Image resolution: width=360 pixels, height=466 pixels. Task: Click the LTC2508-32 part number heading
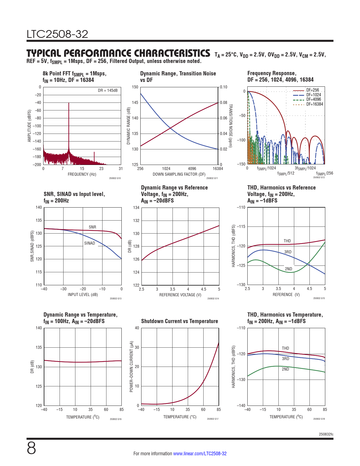pos(57,34)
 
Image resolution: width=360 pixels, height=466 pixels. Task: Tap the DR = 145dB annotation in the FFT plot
pos(108,90)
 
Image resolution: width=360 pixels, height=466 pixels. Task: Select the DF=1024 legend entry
pos(313,95)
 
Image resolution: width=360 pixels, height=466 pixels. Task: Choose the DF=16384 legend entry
pos(315,104)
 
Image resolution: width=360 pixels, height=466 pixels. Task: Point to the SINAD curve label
pos(90,243)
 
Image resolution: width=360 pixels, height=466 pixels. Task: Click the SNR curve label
pos(92,227)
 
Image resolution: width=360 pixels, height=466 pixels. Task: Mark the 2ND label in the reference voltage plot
pos(288,269)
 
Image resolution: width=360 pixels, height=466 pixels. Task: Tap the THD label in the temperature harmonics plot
pos(285,348)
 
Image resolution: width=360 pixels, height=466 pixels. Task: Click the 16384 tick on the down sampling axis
pos(218,169)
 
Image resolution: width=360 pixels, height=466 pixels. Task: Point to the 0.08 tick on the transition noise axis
pos(224,103)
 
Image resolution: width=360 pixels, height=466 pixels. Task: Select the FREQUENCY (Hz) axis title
pos(82,174)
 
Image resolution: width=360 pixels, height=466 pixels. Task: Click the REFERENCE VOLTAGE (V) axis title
pos(180,295)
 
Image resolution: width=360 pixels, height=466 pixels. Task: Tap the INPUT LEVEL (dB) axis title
pos(83,295)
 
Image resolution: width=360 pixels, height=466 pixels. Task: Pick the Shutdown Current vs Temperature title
pos(180,321)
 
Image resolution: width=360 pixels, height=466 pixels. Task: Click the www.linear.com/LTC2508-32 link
pos(200,454)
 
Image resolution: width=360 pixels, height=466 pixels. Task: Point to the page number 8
pos(31,448)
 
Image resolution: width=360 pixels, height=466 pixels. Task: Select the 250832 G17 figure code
pos(213,419)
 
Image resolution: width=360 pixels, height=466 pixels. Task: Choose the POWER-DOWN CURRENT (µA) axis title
pos(131,367)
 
